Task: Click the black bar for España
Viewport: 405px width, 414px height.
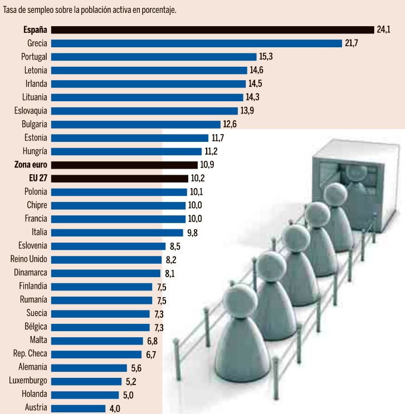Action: [x=212, y=29]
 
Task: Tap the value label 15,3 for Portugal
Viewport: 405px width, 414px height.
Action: [x=266, y=57]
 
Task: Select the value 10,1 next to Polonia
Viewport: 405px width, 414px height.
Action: [x=197, y=192]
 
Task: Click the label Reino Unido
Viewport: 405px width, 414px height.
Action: [x=29, y=259]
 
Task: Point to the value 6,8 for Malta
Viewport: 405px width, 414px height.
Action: [x=152, y=341]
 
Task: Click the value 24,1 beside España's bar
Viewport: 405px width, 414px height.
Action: [x=383, y=29]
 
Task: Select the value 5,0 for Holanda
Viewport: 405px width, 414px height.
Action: [x=128, y=395]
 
